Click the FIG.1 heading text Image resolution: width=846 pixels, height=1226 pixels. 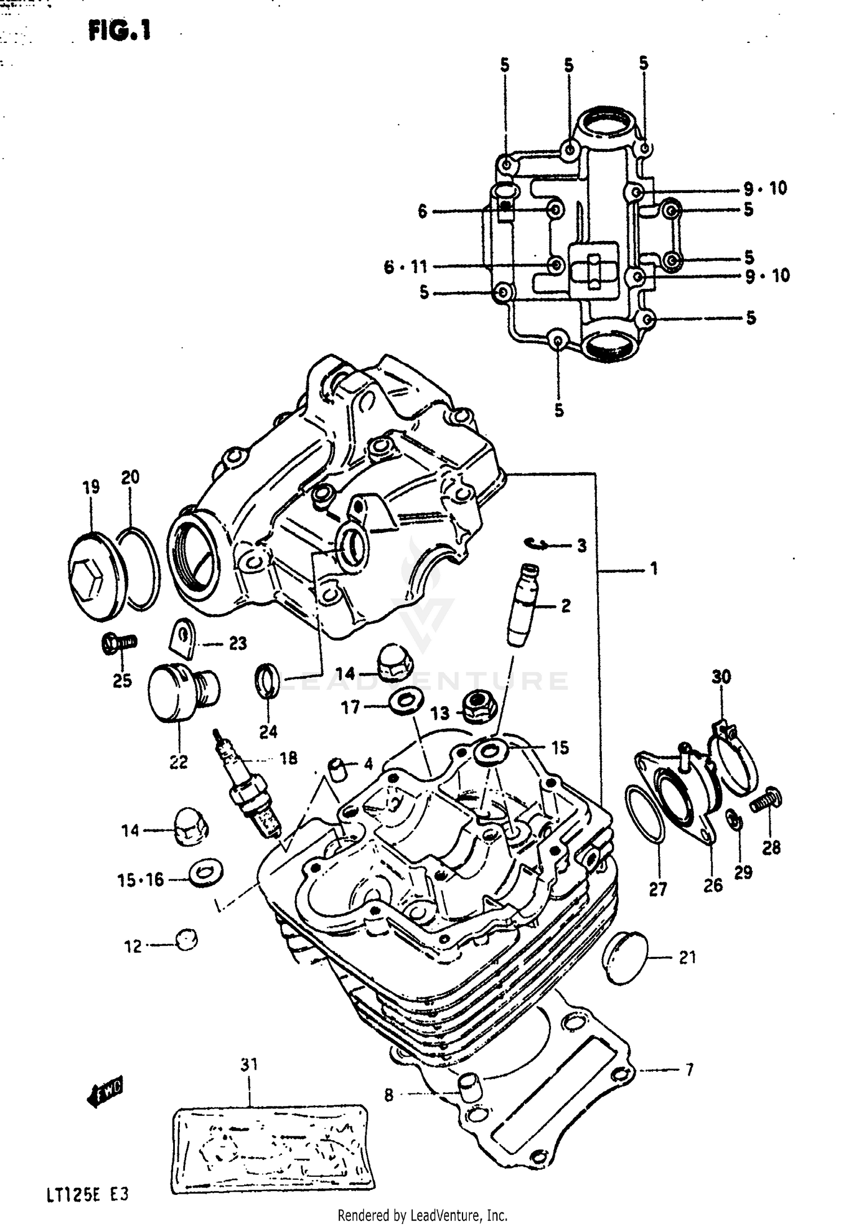point(120,30)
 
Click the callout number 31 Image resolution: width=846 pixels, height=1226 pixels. point(249,1063)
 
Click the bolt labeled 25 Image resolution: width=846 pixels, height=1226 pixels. point(119,642)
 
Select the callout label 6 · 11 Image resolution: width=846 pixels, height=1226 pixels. point(406,266)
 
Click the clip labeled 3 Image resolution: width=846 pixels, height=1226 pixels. point(536,543)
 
